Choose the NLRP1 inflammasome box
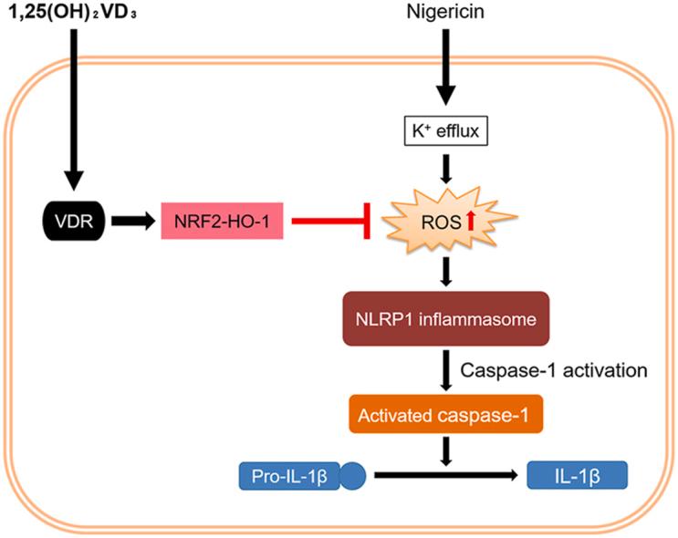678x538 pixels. pos(445,318)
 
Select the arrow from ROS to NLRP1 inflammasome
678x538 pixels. pos(444,270)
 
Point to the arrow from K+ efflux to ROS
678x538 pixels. pos(444,168)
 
